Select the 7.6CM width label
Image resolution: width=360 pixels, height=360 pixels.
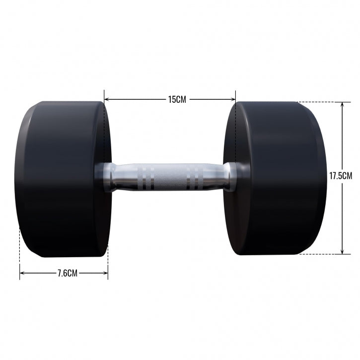68,273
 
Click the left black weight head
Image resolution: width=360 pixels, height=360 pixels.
60,179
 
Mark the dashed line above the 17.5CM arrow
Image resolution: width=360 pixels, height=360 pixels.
320,102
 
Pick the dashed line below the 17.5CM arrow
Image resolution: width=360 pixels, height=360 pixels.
320,254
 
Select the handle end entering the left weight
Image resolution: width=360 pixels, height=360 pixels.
104,176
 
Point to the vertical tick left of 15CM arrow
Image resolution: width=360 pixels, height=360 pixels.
104,95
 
